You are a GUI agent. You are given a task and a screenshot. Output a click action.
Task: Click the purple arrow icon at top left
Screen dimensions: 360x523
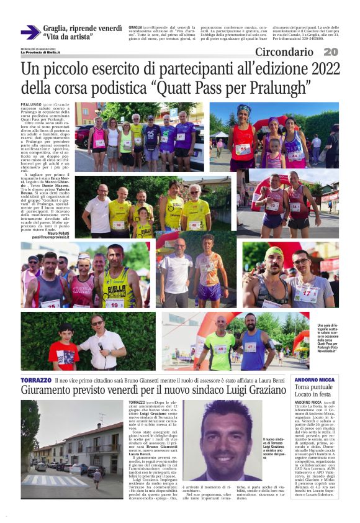30,33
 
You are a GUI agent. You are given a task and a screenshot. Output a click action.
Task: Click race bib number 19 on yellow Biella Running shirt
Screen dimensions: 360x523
114,304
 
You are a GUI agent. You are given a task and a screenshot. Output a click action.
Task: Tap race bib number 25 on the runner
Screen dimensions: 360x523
50,304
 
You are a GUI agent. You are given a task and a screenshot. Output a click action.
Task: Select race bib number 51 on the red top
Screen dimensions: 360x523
243,149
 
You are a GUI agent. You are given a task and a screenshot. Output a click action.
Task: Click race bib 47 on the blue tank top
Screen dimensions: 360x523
250,347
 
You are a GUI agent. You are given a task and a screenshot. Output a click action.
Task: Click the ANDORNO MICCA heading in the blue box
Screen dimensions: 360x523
315,380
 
